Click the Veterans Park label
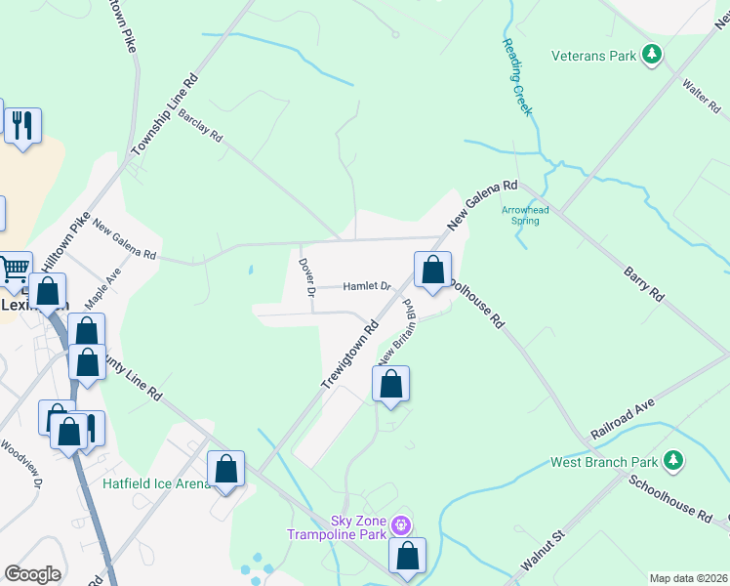point(593,56)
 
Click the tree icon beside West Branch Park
point(671,459)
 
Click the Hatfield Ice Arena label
point(155,483)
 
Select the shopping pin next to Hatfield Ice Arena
point(225,468)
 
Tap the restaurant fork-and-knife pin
point(21,125)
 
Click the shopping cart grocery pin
point(13,269)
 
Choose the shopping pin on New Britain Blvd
point(390,383)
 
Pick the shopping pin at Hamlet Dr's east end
point(432,270)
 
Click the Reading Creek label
point(517,77)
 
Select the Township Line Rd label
point(165,114)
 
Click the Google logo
point(32,574)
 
